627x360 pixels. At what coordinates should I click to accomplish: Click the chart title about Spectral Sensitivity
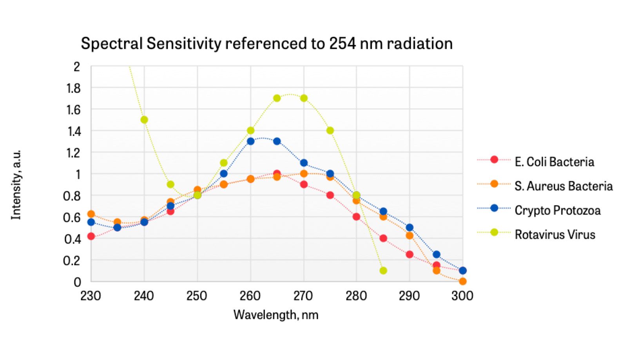click(x=266, y=43)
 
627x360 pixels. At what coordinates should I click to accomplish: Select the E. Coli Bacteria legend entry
click(x=554, y=162)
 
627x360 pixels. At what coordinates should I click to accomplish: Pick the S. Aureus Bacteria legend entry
click(x=563, y=186)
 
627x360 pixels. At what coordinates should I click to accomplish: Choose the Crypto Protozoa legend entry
click(x=557, y=210)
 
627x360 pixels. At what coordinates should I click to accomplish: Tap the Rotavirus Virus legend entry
click(x=555, y=235)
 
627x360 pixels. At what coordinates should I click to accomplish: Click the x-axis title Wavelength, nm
click(x=276, y=315)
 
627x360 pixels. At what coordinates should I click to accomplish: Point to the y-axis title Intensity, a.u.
click(x=16, y=185)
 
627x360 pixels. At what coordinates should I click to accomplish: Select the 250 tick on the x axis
click(x=197, y=296)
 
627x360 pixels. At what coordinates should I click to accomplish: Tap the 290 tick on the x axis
click(x=410, y=296)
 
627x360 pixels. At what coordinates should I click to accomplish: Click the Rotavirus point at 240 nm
click(x=144, y=119)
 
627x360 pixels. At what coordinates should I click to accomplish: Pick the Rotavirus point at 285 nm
click(x=383, y=270)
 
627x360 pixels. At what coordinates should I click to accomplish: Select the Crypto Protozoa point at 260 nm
click(x=251, y=141)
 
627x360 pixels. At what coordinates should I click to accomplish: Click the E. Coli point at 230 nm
click(x=91, y=236)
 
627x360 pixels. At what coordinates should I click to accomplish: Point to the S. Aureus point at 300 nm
click(x=462, y=281)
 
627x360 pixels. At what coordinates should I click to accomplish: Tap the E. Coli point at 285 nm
click(x=383, y=238)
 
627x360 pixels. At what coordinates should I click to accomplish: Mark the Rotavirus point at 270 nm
click(x=304, y=98)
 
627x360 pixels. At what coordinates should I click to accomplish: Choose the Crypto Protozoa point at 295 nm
click(x=437, y=255)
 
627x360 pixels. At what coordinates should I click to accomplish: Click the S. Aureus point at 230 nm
click(x=91, y=214)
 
